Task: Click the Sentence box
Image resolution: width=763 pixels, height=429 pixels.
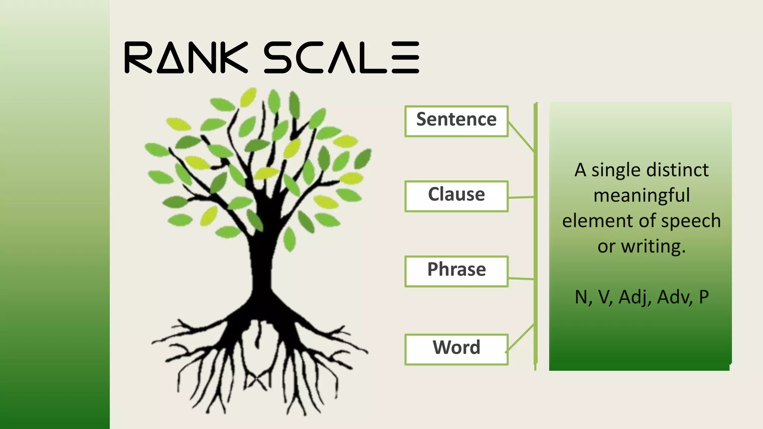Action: [x=456, y=121]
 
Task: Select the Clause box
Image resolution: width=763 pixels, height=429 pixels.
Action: [x=456, y=196]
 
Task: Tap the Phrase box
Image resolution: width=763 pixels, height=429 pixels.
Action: [x=456, y=271]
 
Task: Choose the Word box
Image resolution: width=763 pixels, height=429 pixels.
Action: [x=456, y=349]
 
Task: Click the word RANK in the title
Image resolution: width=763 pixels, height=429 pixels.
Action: [x=186, y=57]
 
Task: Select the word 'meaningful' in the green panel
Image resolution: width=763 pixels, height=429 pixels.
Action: [x=642, y=196]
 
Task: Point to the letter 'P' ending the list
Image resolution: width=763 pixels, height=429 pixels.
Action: [x=704, y=297]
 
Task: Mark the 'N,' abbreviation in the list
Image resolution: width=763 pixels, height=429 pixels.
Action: [x=583, y=298]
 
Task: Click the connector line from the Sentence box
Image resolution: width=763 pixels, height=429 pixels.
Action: [x=521, y=137]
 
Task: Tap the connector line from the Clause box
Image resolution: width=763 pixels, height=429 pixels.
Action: [x=521, y=197]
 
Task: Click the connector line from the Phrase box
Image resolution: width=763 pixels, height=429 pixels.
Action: [x=521, y=278]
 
